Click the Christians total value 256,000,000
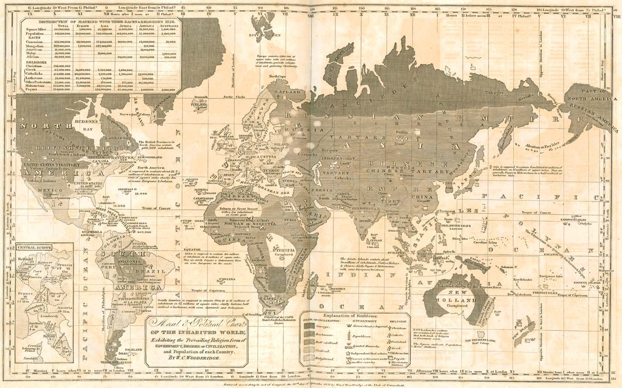pos(61,66)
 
